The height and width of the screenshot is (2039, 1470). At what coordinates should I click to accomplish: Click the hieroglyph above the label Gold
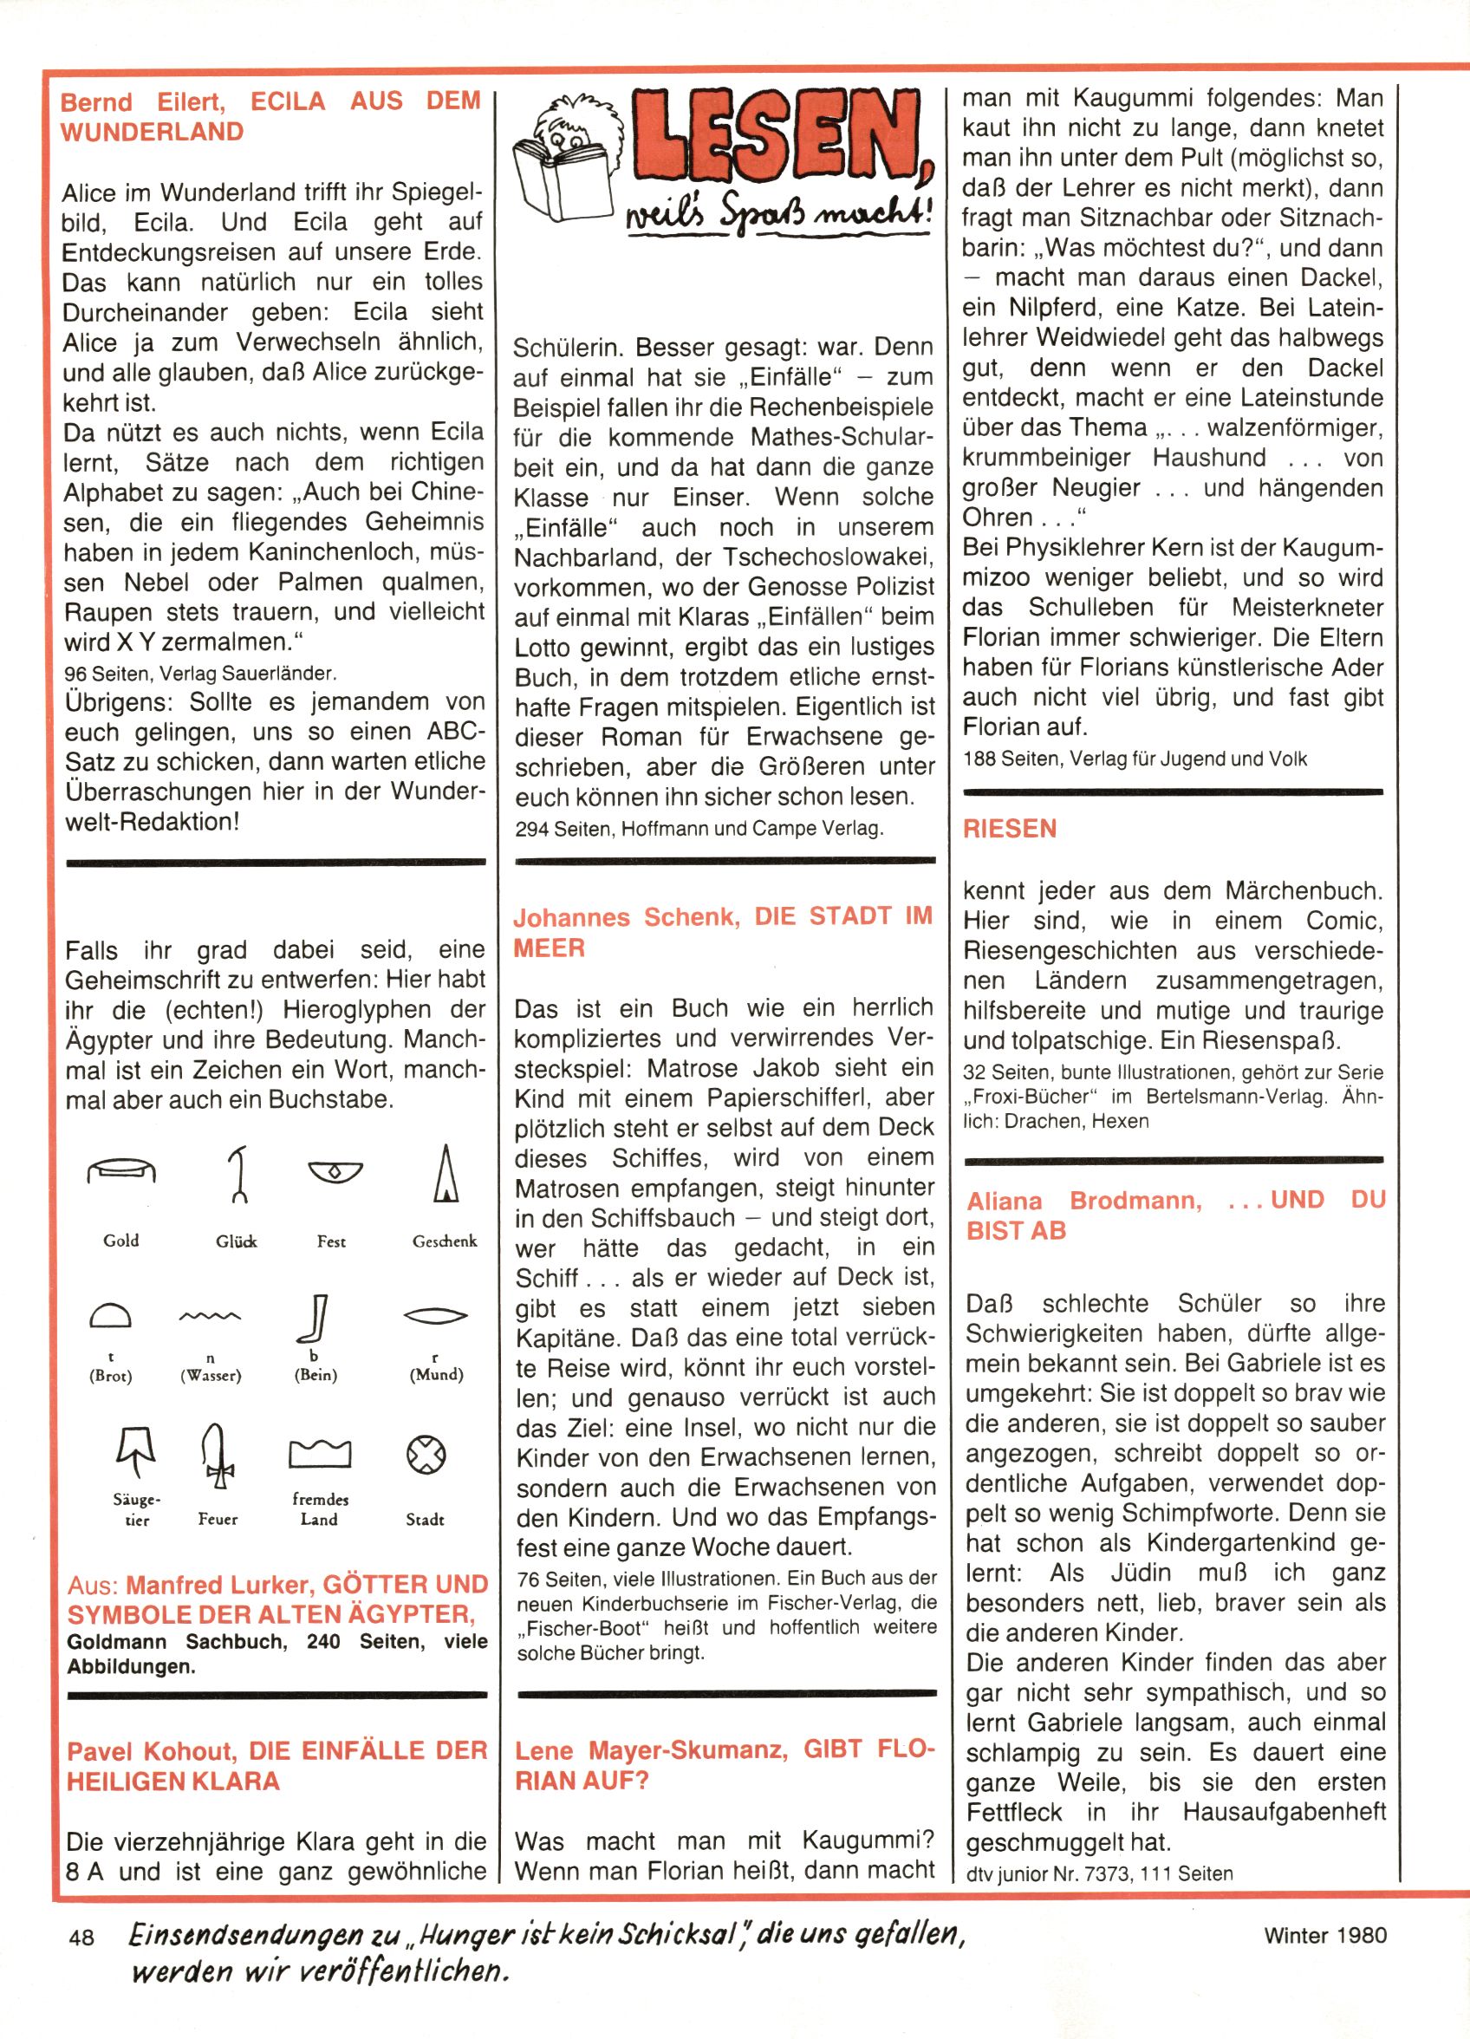[121, 1169]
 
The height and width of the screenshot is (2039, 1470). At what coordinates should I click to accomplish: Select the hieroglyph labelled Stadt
[426, 1455]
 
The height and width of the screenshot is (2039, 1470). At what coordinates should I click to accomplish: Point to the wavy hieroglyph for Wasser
[210, 1317]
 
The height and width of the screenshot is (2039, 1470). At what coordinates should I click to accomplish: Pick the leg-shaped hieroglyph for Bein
[315, 1318]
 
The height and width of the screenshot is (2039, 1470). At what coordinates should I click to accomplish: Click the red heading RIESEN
[1010, 829]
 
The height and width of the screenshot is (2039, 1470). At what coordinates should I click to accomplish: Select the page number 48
[81, 1937]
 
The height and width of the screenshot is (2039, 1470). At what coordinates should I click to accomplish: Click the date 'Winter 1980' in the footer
[1325, 1935]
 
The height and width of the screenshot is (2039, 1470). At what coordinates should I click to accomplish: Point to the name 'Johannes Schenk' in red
[627, 917]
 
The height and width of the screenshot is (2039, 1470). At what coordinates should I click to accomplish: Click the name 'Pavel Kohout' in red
[151, 1751]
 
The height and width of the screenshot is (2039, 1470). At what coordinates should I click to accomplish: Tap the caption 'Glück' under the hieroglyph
[236, 1241]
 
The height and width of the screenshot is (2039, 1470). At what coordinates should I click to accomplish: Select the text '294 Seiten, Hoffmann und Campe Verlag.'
[699, 829]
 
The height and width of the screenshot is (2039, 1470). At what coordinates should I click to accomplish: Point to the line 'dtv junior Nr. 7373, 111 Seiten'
[1099, 1874]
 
